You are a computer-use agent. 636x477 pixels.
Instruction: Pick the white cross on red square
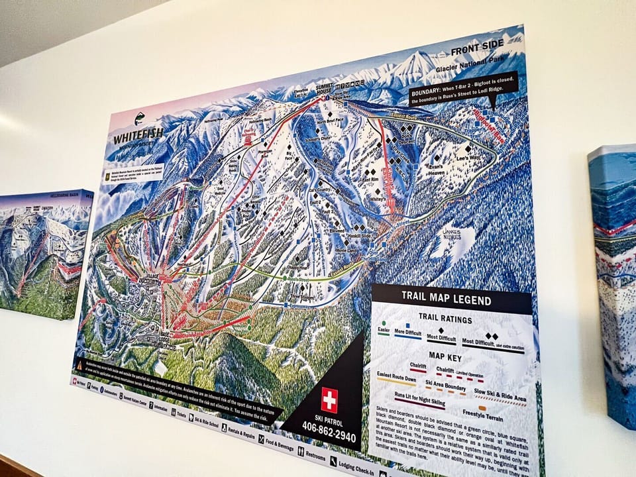point(329,400)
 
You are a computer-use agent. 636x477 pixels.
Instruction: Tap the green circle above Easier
point(384,322)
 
